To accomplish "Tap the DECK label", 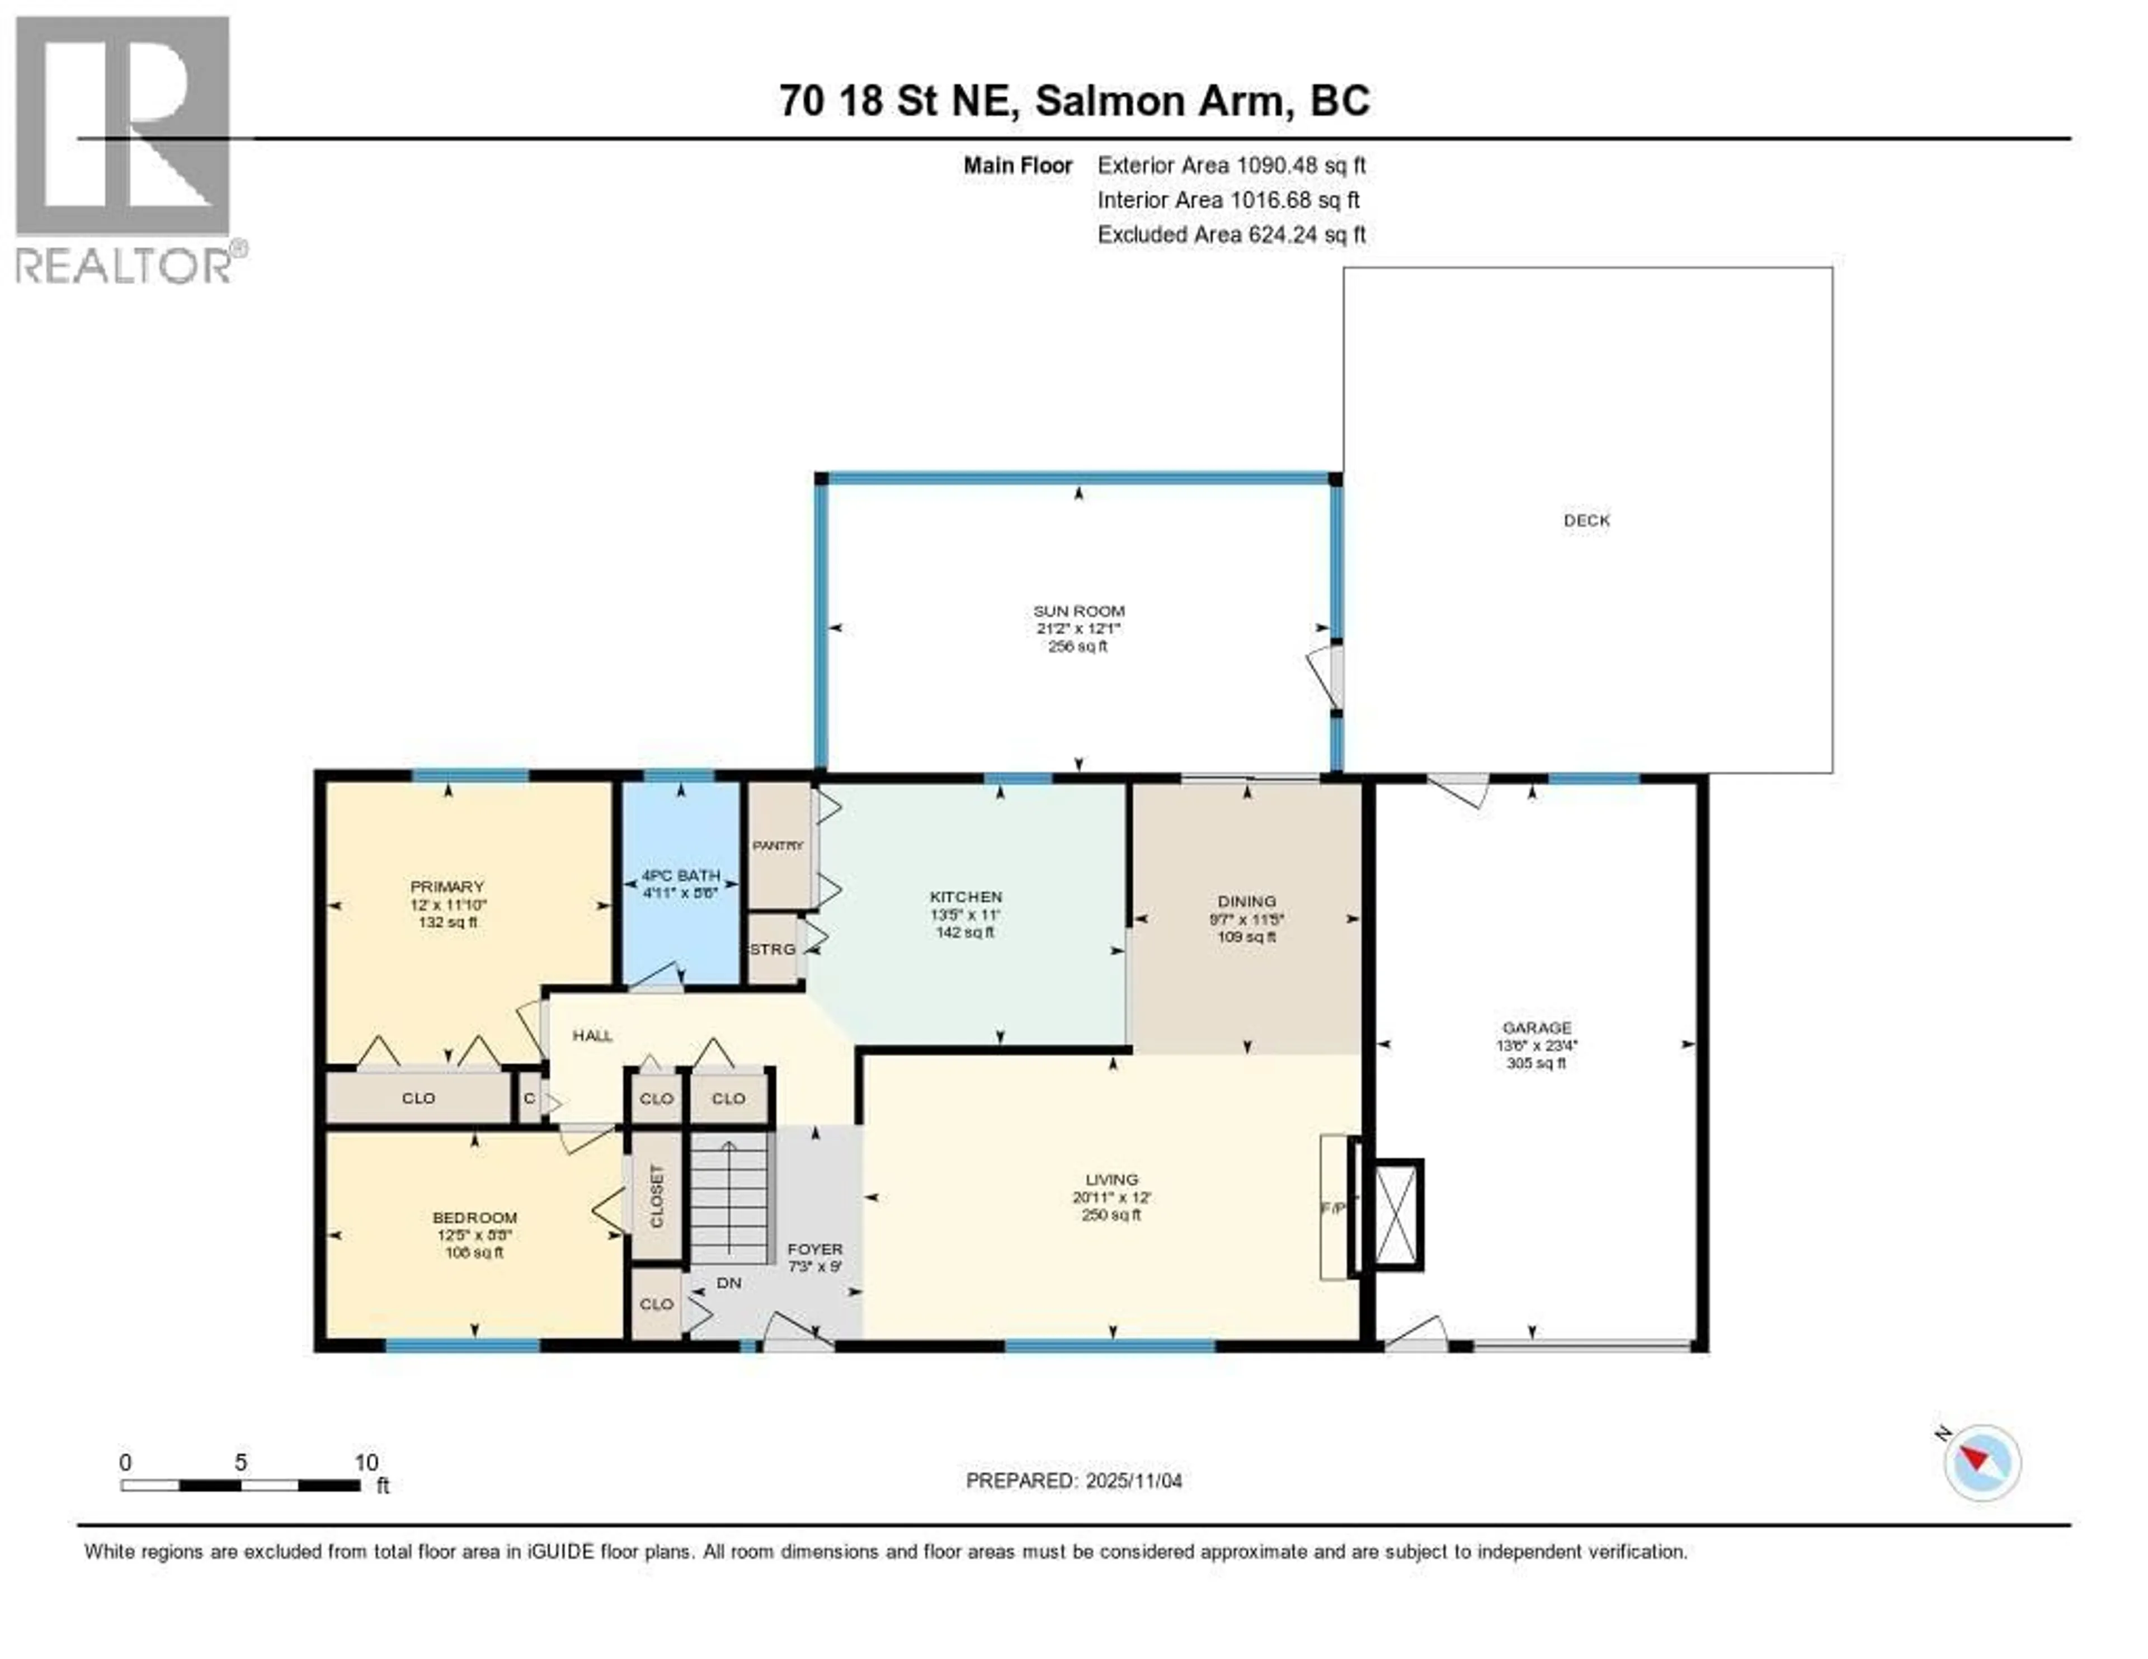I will coord(1586,520).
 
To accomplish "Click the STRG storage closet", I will coord(773,949).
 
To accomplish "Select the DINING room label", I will coord(1246,901).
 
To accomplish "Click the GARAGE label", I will coord(1536,1028).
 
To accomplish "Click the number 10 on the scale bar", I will coord(366,1462).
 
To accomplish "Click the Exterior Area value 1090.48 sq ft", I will coord(1300,165).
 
